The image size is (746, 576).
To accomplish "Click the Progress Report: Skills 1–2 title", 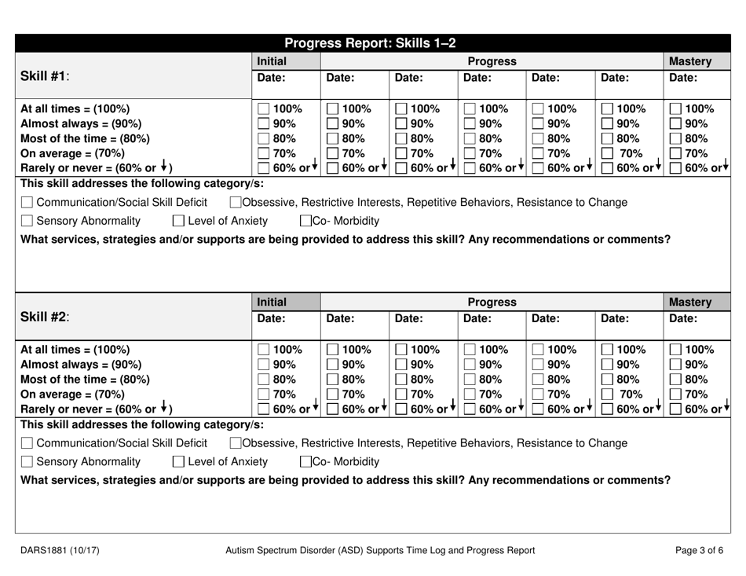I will (370, 43).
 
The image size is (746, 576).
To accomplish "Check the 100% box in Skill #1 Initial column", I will (265, 110).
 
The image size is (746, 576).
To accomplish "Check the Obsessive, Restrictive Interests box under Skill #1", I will (234, 203).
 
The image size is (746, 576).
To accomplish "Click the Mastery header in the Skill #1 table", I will (690, 61).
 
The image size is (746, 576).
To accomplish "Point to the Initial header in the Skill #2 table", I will (272, 301).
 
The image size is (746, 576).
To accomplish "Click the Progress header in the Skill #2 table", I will (492, 302).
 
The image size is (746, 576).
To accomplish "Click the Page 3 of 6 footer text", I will (700, 550).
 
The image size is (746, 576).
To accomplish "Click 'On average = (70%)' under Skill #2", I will (71, 394).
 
